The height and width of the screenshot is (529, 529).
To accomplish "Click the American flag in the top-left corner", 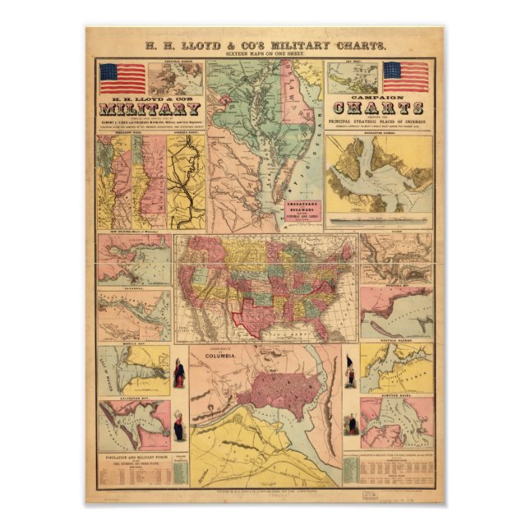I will pos(122,78).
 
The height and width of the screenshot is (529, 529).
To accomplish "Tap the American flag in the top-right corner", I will pos(406,76).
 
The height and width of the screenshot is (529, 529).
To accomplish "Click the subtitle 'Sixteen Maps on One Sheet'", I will pos(264,54).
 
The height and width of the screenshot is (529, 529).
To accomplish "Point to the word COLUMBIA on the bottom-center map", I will pos(219,355).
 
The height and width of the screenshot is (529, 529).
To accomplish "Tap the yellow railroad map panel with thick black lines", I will pos(186,181).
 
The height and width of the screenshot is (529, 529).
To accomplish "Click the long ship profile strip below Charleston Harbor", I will pos(379,219).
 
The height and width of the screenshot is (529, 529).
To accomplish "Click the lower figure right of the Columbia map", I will pos(352,424).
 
